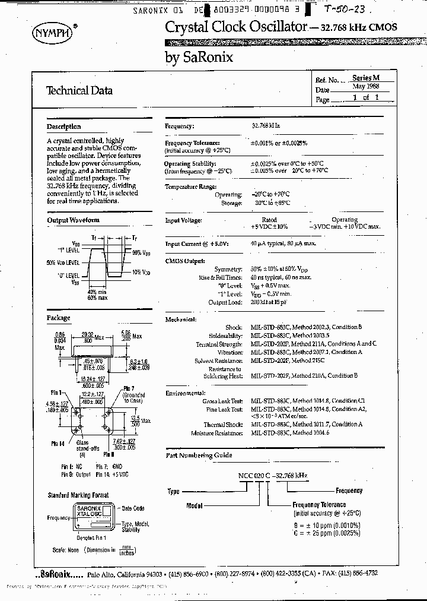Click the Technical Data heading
(x=79, y=91)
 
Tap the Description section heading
(x=63, y=126)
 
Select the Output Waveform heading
(x=73, y=220)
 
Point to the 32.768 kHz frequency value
(x=265, y=126)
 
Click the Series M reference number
(x=365, y=78)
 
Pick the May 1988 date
(x=365, y=87)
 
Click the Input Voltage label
(x=183, y=220)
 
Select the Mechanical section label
(x=180, y=319)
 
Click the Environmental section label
(x=184, y=393)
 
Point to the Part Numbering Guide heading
(x=199, y=456)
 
